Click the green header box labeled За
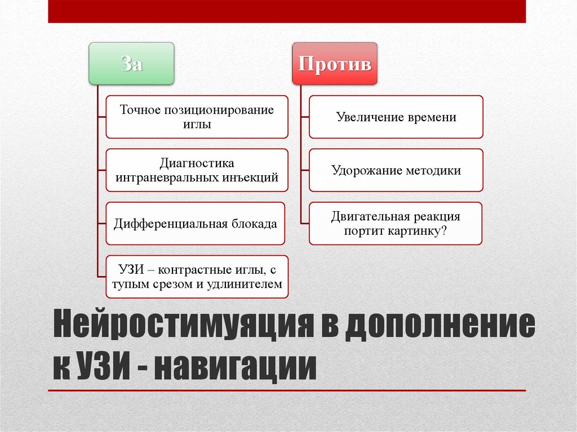point(131,63)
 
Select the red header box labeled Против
point(335,63)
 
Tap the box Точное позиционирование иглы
point(197,117)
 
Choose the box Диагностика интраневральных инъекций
point(197,170)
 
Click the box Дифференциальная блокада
point(196,224)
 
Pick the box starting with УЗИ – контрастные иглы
point(197,277)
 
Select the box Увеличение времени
point(396,117)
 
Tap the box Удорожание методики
point(396,170)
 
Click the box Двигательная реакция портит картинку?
point(396,224)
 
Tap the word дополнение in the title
point(439,329)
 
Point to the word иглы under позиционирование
point(197,124)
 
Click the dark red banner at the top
point(287,11)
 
